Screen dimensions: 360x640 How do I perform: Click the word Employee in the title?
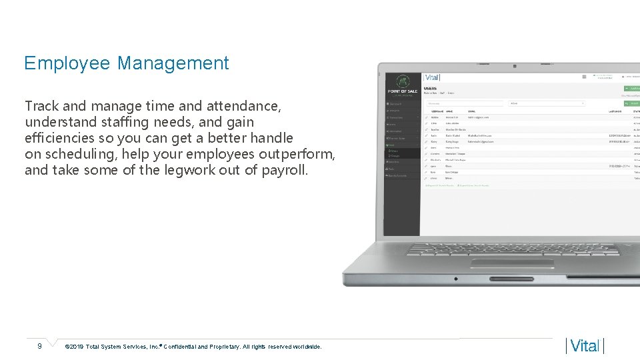(x=67, y=63)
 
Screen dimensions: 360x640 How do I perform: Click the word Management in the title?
(x=173, y=63)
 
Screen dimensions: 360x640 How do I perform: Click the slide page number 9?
(x=39, y=346)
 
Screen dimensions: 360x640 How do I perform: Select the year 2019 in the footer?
(x=75, y=347)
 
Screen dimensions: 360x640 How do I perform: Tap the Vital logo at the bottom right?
(x=585, y=346)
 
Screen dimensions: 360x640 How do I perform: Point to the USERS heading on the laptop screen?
(x=430, y=88)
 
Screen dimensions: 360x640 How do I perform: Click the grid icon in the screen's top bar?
(x=585, y=77)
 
